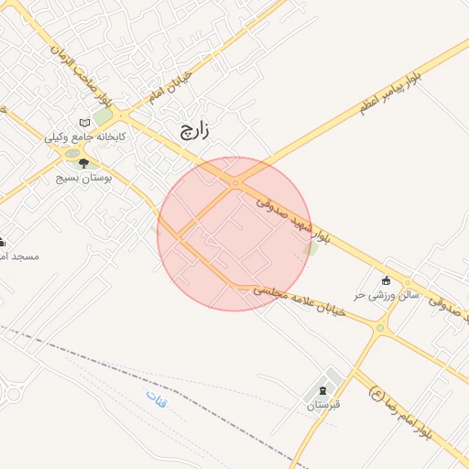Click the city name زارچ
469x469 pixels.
pos(193,130)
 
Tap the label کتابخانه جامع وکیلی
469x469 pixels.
pos(86,136)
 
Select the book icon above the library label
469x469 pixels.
pos(85,122)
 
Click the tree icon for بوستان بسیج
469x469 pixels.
pos(83,163)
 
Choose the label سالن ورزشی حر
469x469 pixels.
pos(387,295)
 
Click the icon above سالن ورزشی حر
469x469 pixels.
pos(386,280)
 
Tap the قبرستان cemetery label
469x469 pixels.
pos(323,404)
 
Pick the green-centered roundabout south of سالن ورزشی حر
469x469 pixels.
pos(380,327)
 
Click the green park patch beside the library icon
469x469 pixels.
pos(103,117)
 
